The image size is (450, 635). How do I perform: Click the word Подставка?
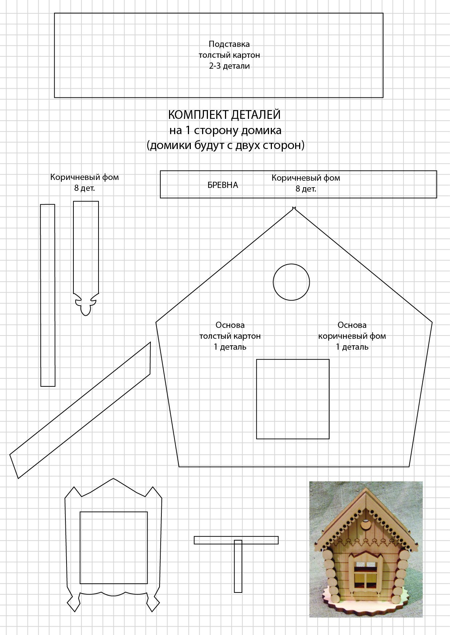pos(229,44)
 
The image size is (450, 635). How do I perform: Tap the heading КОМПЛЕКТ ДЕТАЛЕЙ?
pos(224,115)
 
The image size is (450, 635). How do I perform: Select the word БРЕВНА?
pos(222,185)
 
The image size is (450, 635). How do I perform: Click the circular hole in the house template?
pos(291,282)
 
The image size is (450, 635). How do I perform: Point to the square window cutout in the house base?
pos(293,399)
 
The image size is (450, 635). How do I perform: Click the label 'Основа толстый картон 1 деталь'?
pos(230,336)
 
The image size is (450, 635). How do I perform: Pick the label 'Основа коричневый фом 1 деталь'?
pos(352,336)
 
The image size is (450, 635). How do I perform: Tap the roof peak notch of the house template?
pos(294,208)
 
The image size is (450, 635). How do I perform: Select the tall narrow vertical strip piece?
pos(48,295)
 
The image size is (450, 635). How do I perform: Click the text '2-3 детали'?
pos(229,66)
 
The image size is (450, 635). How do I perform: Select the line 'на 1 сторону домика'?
pos(225,130)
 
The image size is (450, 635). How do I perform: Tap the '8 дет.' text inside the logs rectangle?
pos(306,189)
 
